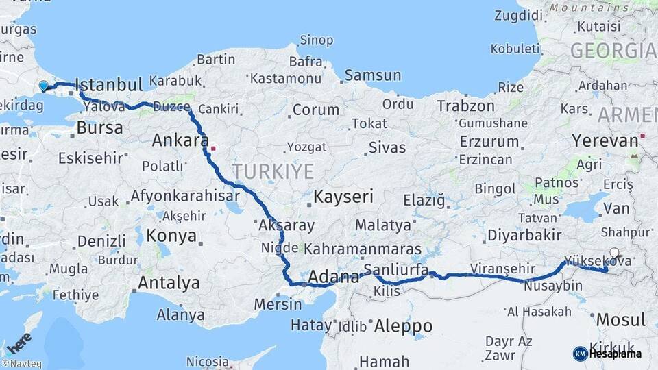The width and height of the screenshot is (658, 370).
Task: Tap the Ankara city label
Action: (180, 140)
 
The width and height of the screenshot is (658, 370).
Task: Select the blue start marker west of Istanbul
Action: (44, 86)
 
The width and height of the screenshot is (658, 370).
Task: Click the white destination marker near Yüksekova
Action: (614, 252)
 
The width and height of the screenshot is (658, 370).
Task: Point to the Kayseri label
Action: (343, 197)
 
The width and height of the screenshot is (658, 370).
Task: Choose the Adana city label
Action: (334, 277)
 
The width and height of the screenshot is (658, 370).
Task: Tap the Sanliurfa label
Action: (396, 269)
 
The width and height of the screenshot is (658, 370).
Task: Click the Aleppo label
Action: (404, 325)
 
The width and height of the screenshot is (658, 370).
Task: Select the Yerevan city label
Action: (605, 141)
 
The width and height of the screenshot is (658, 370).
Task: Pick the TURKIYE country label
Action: (272, 171)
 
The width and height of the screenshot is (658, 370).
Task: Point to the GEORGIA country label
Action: (613, 51)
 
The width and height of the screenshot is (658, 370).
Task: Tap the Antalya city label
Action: (169, 282)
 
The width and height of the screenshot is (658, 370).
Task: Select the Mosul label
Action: (620, 319)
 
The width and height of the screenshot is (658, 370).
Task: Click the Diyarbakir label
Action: (524, 236)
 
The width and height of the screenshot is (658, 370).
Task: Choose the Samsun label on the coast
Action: (372, 75)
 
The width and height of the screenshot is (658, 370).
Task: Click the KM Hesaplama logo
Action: (607, 354)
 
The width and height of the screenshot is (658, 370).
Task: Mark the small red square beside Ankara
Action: (213, 147)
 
